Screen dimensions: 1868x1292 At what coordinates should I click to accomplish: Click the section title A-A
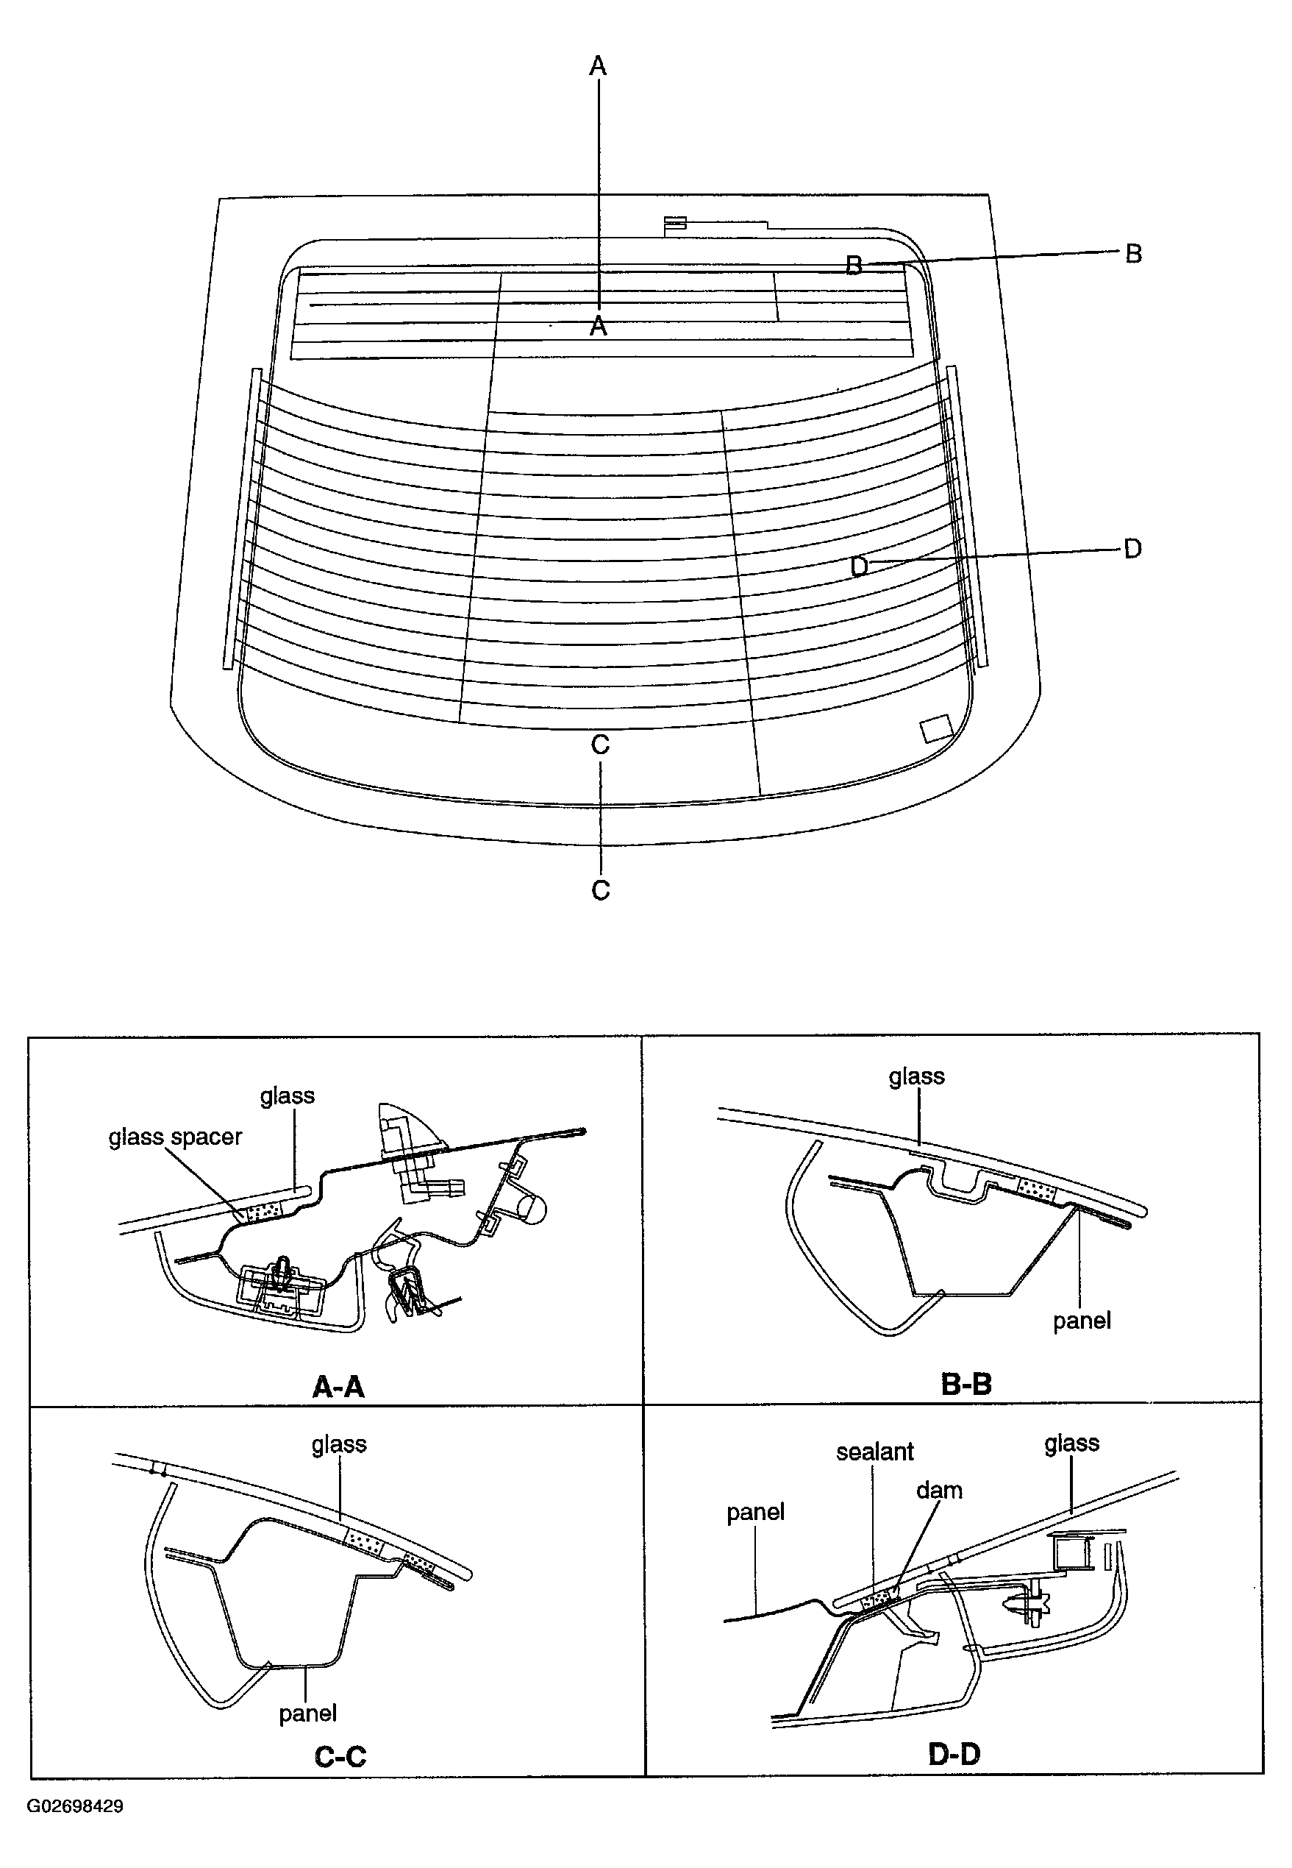338,1387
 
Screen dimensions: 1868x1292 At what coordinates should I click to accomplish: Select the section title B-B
966,1384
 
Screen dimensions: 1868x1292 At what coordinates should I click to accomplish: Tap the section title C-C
340,1756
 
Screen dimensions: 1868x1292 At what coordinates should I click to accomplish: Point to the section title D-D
954,1754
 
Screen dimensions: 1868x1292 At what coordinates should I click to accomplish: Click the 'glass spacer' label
175,1137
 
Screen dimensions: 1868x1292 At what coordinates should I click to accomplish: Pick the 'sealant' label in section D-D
874,1452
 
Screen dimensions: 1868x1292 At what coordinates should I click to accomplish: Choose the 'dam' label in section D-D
939,1491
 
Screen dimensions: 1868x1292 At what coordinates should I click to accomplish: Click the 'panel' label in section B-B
1082,1321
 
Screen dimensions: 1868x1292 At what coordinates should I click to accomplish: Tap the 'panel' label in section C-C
307,1713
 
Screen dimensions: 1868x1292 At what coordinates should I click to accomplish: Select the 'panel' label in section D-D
755,1512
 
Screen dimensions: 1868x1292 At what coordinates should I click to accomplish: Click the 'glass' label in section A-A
288,1095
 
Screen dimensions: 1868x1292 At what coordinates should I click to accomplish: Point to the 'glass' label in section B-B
916,1076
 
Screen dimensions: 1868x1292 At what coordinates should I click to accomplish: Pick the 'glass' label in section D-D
1072,1443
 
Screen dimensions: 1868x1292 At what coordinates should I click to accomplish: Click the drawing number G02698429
75,1805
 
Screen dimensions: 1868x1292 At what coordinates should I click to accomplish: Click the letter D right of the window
1132,549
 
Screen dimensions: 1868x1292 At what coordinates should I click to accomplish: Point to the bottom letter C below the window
600,891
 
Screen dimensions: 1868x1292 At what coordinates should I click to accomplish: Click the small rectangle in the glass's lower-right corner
938,727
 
